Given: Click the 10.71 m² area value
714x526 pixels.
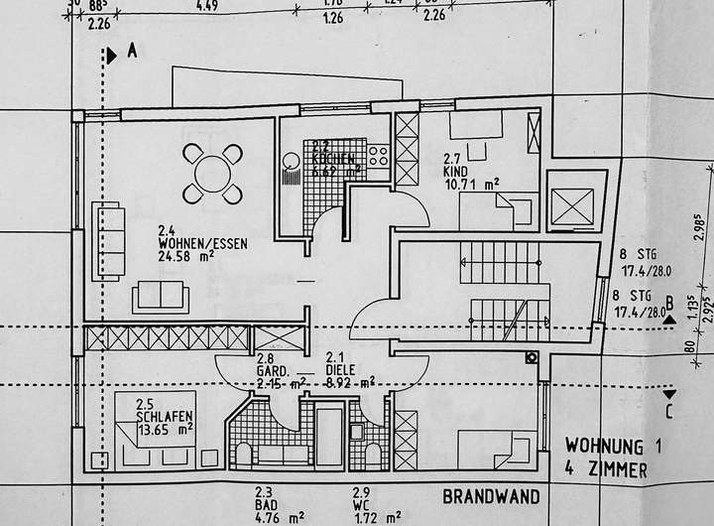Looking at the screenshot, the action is [x=469, y=184].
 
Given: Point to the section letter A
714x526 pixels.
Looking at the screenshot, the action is [x=131, y=54].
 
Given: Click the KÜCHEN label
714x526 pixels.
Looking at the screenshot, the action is [x=328, y=159].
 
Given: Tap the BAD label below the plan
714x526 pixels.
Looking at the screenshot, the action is [x=265, y=504].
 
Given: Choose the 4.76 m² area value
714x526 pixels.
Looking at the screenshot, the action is [x=270, y=517].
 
